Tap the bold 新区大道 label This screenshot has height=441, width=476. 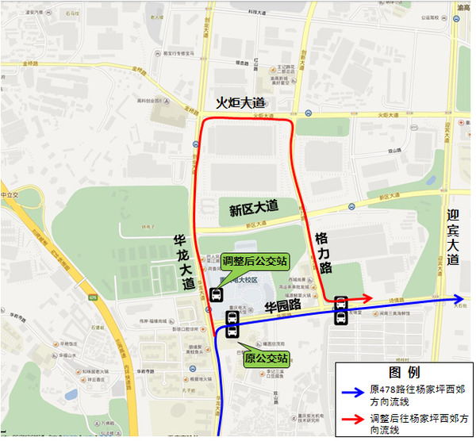(x=254, y=208)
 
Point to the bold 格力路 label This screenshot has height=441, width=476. (x=323, y=253)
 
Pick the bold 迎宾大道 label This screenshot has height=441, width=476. (x=453, y=237)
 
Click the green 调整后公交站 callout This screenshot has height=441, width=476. (x=255, y=260)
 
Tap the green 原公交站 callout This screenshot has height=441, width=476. (x=266, y=358)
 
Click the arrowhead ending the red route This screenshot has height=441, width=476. (x=367, y=298)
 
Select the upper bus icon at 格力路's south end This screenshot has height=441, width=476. (x=341, y=302)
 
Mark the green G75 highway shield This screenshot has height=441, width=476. (x=94, y=298)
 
